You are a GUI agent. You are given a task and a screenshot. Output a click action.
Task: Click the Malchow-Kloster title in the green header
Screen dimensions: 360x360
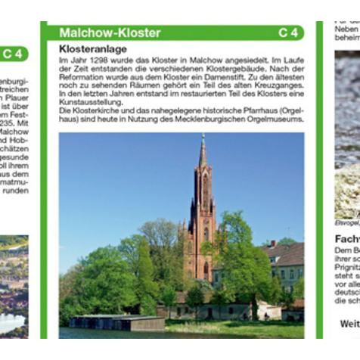110,33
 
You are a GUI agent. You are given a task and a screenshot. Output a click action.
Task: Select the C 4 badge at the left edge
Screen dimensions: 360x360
13,54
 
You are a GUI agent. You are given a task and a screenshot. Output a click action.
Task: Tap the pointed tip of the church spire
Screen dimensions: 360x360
203,135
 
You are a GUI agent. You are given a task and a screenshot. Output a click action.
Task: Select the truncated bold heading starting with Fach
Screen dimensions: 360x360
347,239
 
